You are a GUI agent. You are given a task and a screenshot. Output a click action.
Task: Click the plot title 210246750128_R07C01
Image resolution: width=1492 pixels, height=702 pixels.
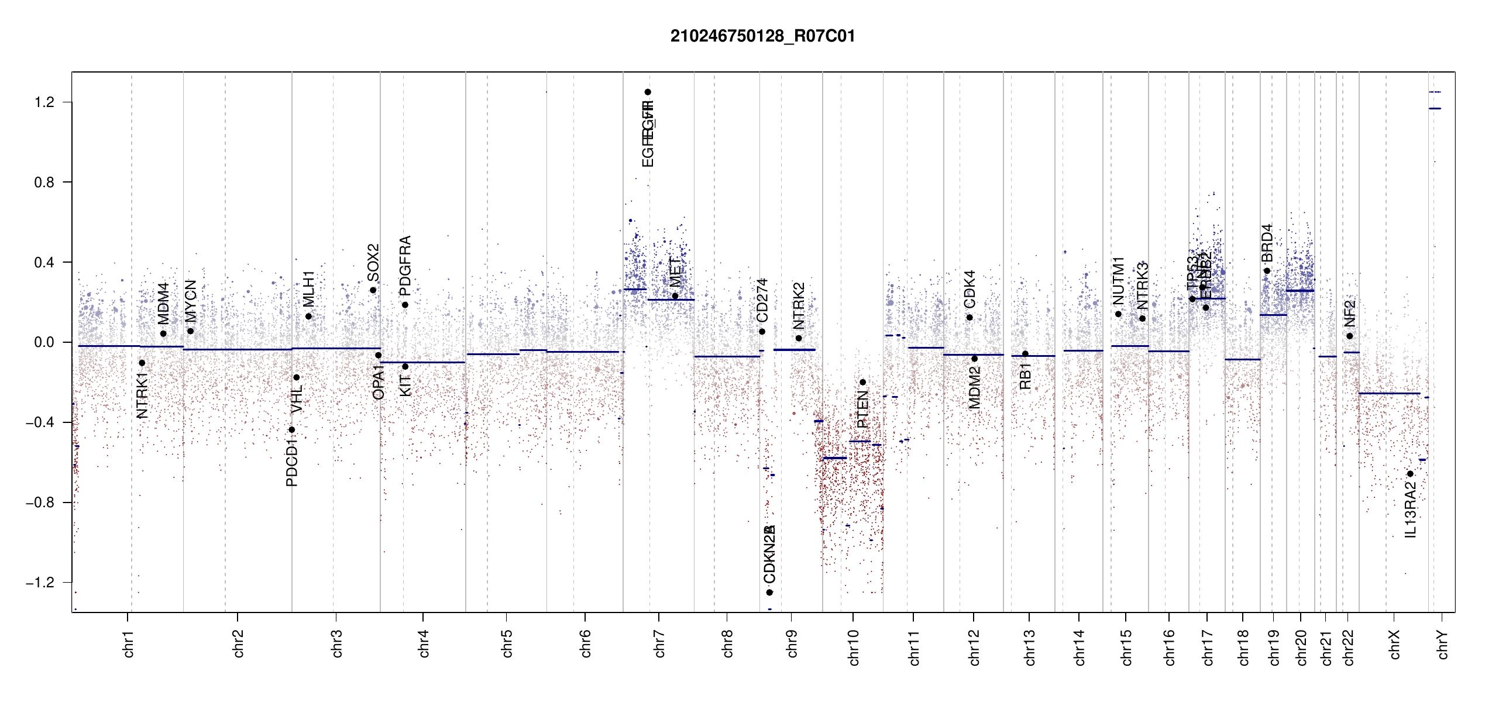(x=762, y=36)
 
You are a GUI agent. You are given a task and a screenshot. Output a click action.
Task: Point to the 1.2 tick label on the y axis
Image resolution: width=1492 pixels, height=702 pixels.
(x=44, y=102)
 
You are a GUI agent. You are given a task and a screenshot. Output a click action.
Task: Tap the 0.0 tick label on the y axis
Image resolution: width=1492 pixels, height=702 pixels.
(x=44, y=342)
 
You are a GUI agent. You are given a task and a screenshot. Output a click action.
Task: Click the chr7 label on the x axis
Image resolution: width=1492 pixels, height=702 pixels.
(x=659, y=643)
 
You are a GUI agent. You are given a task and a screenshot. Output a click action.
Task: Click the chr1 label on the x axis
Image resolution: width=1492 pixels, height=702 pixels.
(x=129, y=643)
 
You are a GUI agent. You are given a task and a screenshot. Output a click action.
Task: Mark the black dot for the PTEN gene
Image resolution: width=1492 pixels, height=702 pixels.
(x=862, y=383)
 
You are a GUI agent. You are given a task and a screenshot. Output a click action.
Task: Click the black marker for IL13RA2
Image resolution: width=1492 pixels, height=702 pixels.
(x=1410, y=474)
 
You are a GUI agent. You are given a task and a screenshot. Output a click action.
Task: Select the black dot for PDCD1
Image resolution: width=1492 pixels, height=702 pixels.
(x=292, y=430)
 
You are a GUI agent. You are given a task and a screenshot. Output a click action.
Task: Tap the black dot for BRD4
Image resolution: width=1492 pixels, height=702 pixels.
(x=1267, y=271)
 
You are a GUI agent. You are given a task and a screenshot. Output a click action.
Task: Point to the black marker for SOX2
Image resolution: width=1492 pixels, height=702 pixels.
(x=373, y=290)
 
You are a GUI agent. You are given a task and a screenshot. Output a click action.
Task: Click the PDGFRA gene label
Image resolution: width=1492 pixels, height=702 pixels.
(x=405, y=266)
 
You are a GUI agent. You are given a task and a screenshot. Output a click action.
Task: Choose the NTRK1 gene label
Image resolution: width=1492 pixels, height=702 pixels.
(x=142, y=395)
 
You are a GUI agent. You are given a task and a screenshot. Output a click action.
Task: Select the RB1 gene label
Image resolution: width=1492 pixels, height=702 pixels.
(x=1025, y=376)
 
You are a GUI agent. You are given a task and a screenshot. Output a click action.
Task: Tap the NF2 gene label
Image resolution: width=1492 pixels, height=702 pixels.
(x=1349, y=314)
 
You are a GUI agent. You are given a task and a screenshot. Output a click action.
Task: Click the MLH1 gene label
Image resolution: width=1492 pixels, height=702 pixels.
(x=308, y=288)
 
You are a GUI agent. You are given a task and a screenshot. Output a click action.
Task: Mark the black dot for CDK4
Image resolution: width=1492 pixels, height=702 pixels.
(x=970, y=318)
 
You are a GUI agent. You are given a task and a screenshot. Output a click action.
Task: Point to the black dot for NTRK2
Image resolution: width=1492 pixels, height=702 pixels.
(x=799, y=338)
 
